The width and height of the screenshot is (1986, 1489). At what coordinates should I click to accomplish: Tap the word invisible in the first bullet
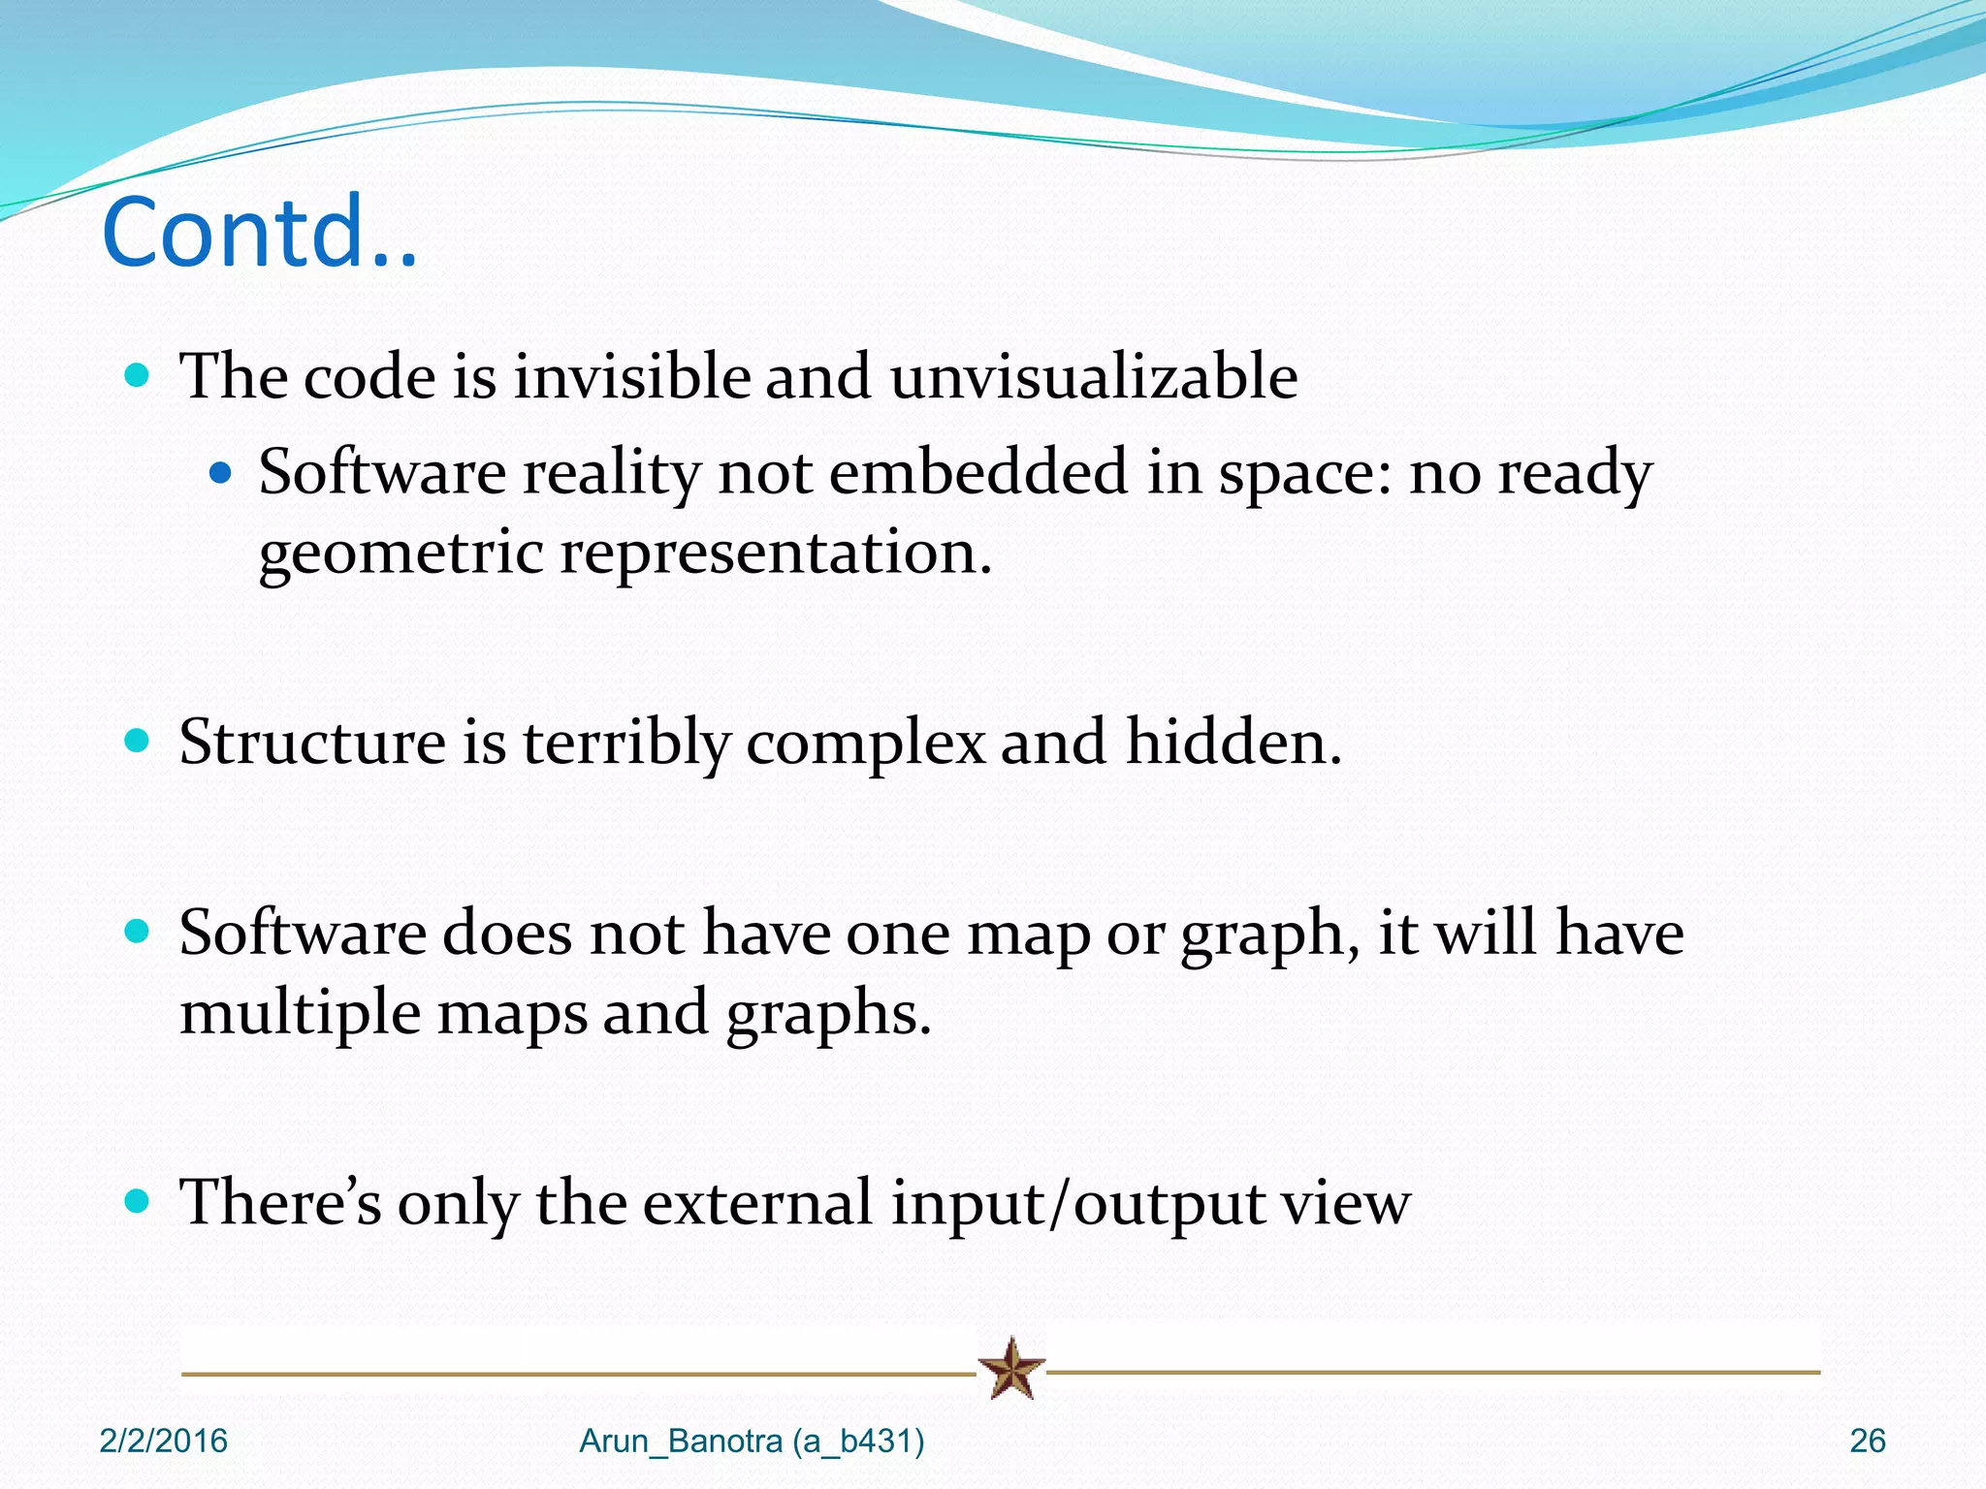tap(631, 376)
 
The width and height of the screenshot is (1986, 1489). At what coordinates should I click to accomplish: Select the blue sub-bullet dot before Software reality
tap(221, 473)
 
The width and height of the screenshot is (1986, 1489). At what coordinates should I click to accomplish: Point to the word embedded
tap(978, 473)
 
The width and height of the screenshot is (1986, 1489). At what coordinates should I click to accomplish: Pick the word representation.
tap(776, 554)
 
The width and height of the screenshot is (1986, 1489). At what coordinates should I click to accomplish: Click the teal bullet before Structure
tap(138, 742)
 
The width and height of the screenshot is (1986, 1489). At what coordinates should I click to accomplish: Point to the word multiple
tap(301, 1014)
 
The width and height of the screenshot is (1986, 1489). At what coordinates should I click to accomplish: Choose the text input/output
tap(1077, 1204)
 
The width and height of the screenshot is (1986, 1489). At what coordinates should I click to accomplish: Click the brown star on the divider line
tap(1010, 1369)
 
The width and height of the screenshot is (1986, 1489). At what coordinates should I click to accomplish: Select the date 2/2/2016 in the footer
tap(163, 1441)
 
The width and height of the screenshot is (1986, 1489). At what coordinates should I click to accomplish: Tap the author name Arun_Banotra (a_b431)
tap(752, 1441)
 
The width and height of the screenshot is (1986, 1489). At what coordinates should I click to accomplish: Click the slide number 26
tap(1867, 1441)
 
